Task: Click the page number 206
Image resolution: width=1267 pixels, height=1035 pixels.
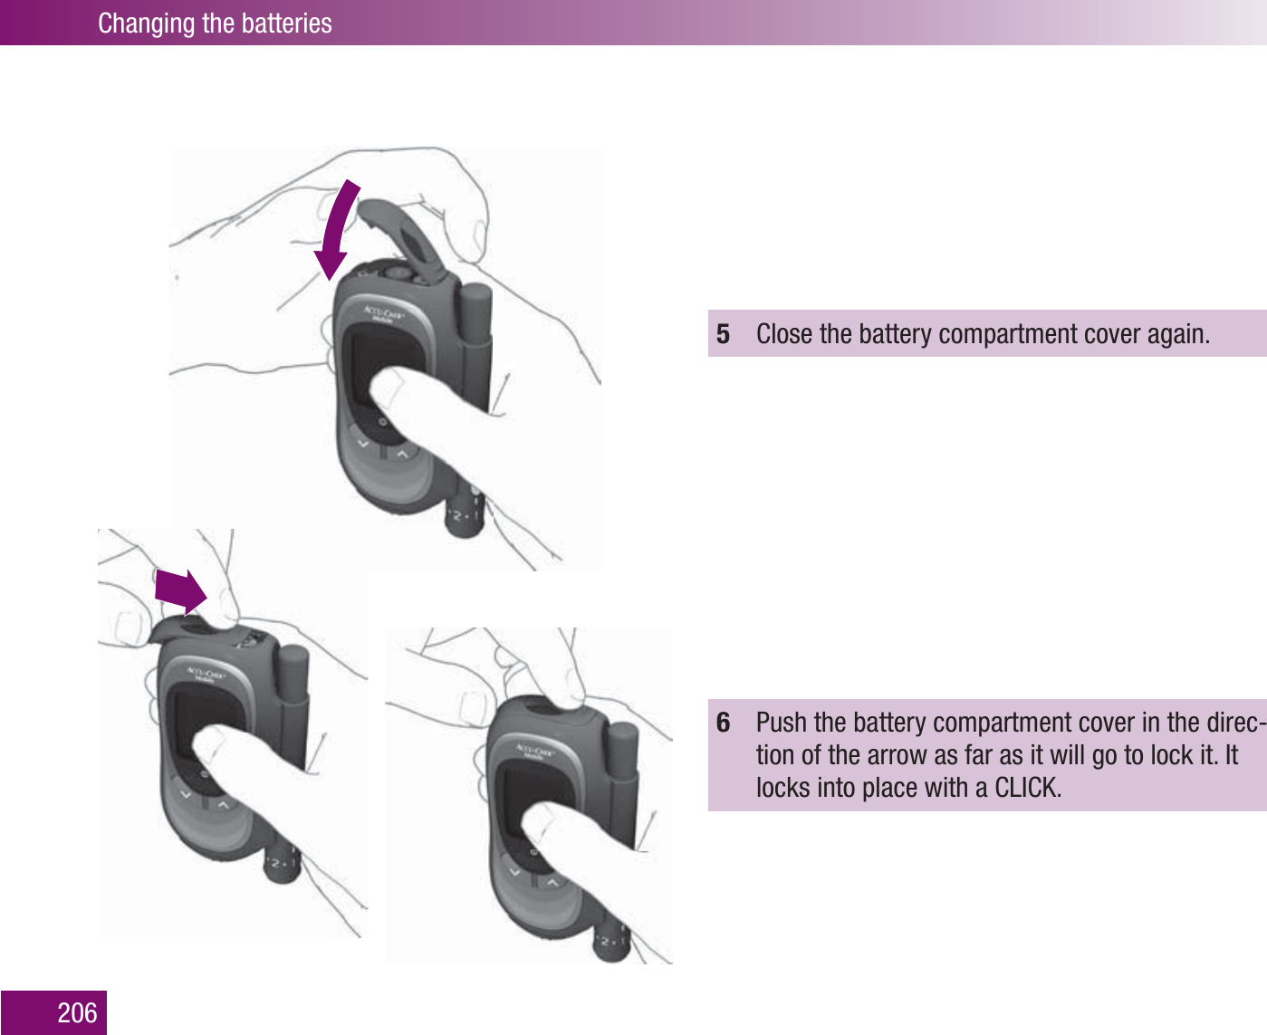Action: click(77, 1012)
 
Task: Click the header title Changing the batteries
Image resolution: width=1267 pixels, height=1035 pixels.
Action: click(215, 23)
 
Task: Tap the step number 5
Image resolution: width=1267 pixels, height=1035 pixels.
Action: click(723, 334)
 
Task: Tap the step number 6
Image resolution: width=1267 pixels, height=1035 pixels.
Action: click(723, 723)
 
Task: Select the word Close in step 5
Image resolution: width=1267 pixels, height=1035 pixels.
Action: click(784, 334)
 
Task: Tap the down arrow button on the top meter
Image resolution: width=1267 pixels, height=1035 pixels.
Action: click(363, 444)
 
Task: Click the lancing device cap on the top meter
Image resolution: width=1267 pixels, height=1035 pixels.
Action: click(475, 312)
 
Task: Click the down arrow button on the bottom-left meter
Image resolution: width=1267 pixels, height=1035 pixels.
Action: click(187, 794)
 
